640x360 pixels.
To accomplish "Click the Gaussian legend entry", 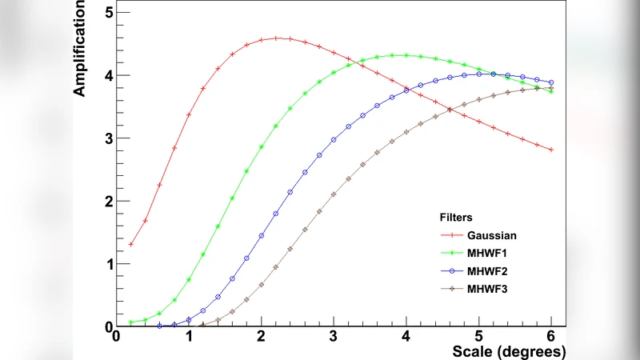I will (x=492, y=235).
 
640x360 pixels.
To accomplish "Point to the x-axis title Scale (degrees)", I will (x=509, y=351).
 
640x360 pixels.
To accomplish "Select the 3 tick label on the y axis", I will (x=108, y=138).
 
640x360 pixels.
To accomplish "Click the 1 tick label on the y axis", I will (x=108, y=264).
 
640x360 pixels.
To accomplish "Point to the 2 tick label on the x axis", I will (x=262, y=337).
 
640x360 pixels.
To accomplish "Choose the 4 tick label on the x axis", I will (x=406, y=337).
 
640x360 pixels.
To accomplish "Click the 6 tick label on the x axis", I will (x=550, y=337).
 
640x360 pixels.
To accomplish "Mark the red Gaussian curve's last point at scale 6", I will (x=550, y=150).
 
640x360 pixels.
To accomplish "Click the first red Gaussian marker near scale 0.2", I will (x=130, y=244).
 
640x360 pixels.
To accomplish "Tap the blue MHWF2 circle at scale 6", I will (x=550, y=82).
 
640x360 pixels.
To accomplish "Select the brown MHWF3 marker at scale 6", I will (x=550, y=88).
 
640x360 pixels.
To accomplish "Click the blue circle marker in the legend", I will (x=456, y=270).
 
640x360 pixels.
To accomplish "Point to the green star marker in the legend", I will (x=456, y=253).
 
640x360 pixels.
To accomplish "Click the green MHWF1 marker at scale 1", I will (x=189, y=279).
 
